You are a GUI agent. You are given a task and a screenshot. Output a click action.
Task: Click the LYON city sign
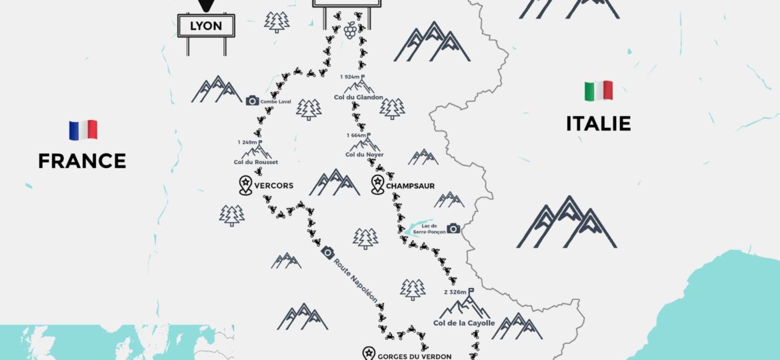click(206, 26)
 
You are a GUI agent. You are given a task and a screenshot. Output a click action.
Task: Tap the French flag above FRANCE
click(83, 129)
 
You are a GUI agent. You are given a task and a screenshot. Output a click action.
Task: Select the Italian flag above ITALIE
click(598, 91)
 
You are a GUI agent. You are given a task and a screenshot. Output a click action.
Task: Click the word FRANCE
click(82, 161)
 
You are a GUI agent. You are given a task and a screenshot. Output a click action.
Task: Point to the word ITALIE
click(598, 124)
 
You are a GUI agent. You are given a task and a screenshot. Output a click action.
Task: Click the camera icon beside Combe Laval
click(252, 101)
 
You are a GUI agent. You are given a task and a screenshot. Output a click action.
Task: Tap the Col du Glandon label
click(359, 97)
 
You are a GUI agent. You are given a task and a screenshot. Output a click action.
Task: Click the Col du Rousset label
click(256, 162)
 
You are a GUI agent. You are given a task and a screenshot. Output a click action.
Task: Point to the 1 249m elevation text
click(248, 142)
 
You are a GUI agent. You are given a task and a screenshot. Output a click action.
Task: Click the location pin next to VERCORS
click(245, 185)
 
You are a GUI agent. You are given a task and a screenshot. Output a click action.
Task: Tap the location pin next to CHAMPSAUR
click(377, 185)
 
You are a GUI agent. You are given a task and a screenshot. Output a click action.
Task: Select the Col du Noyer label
click(364, 155)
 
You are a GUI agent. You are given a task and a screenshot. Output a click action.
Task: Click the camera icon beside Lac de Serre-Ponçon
click(453, 228)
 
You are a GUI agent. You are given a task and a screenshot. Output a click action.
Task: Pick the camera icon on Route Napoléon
click(327, 252)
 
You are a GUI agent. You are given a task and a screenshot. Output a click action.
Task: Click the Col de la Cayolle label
click(464, 323)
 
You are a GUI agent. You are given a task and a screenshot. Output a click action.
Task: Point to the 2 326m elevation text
click(455, 292)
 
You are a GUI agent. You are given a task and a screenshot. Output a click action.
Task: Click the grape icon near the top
click(350, 30)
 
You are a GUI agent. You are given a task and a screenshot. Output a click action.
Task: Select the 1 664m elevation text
click(357, 135)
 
